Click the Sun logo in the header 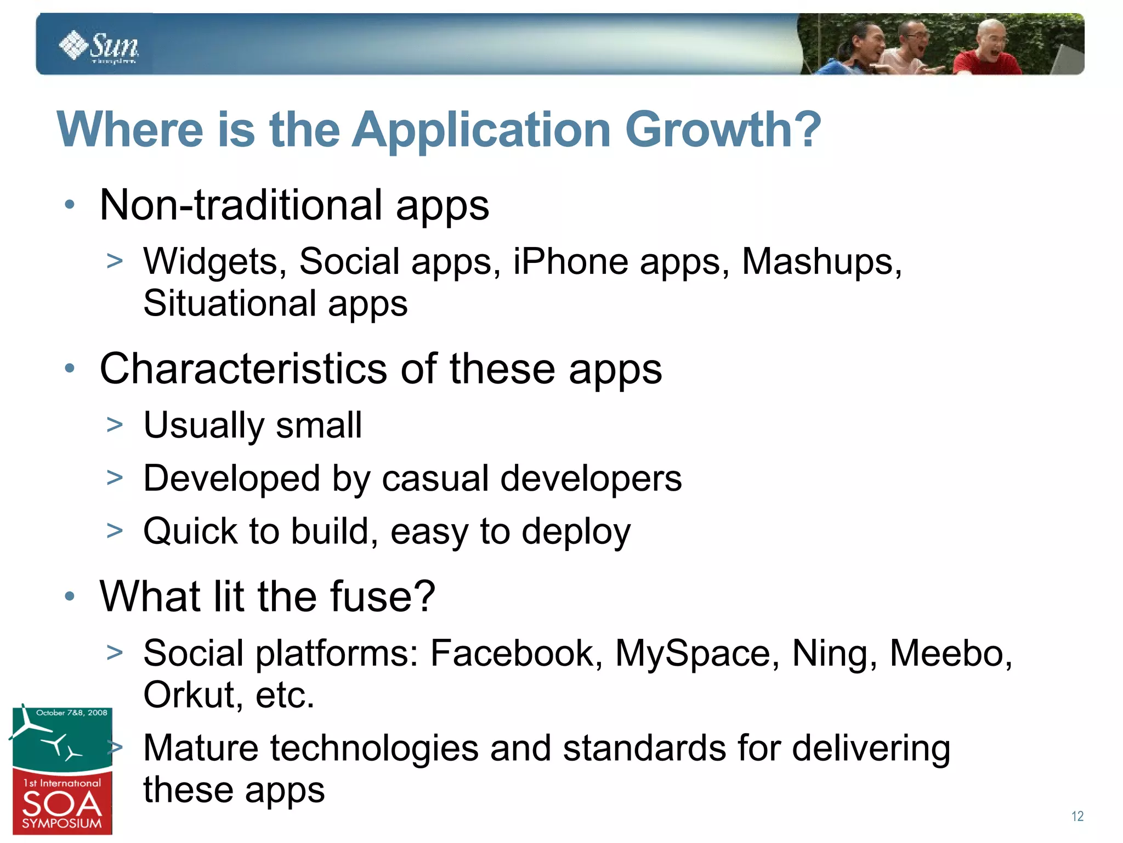pyautogui.click(x=99, y=47)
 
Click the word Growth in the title pyautogui.click(x=722, y=130)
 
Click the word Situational pyautogui.click(x=230, y=304)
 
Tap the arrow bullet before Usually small pyautogui.click(x=115, y=424)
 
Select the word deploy pyautogui.click(x=576, y=532)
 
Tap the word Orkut pyautogui.click(x=189, y=695)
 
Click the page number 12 pyautogui.click(x=1077, y=816)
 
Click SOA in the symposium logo pyautogui.click(x=61, y=805)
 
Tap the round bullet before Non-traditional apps pyautogui.click(x=69, y=205)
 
